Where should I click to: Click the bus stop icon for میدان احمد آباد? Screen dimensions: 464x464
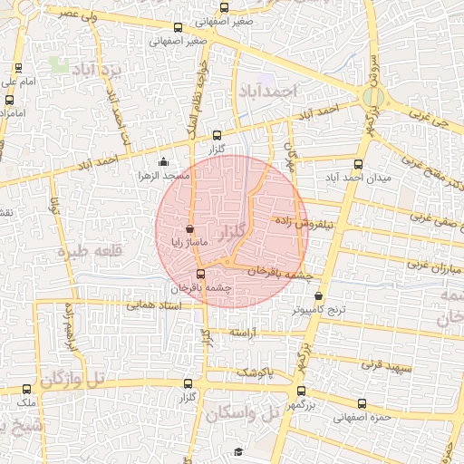click(358, 165)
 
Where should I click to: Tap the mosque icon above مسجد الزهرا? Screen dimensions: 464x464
click(163, 162)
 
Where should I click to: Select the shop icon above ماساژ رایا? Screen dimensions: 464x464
click(190, 229)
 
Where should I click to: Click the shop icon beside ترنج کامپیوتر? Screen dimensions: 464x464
click(318, 296)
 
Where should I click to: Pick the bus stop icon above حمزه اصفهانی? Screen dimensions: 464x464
click(362, 404)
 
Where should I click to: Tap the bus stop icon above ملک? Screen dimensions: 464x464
click(25, 389)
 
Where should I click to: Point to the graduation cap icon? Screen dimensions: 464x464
click(238, 451)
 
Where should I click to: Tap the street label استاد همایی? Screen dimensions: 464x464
click(154, 306)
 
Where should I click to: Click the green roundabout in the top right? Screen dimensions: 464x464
click(372, 96)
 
